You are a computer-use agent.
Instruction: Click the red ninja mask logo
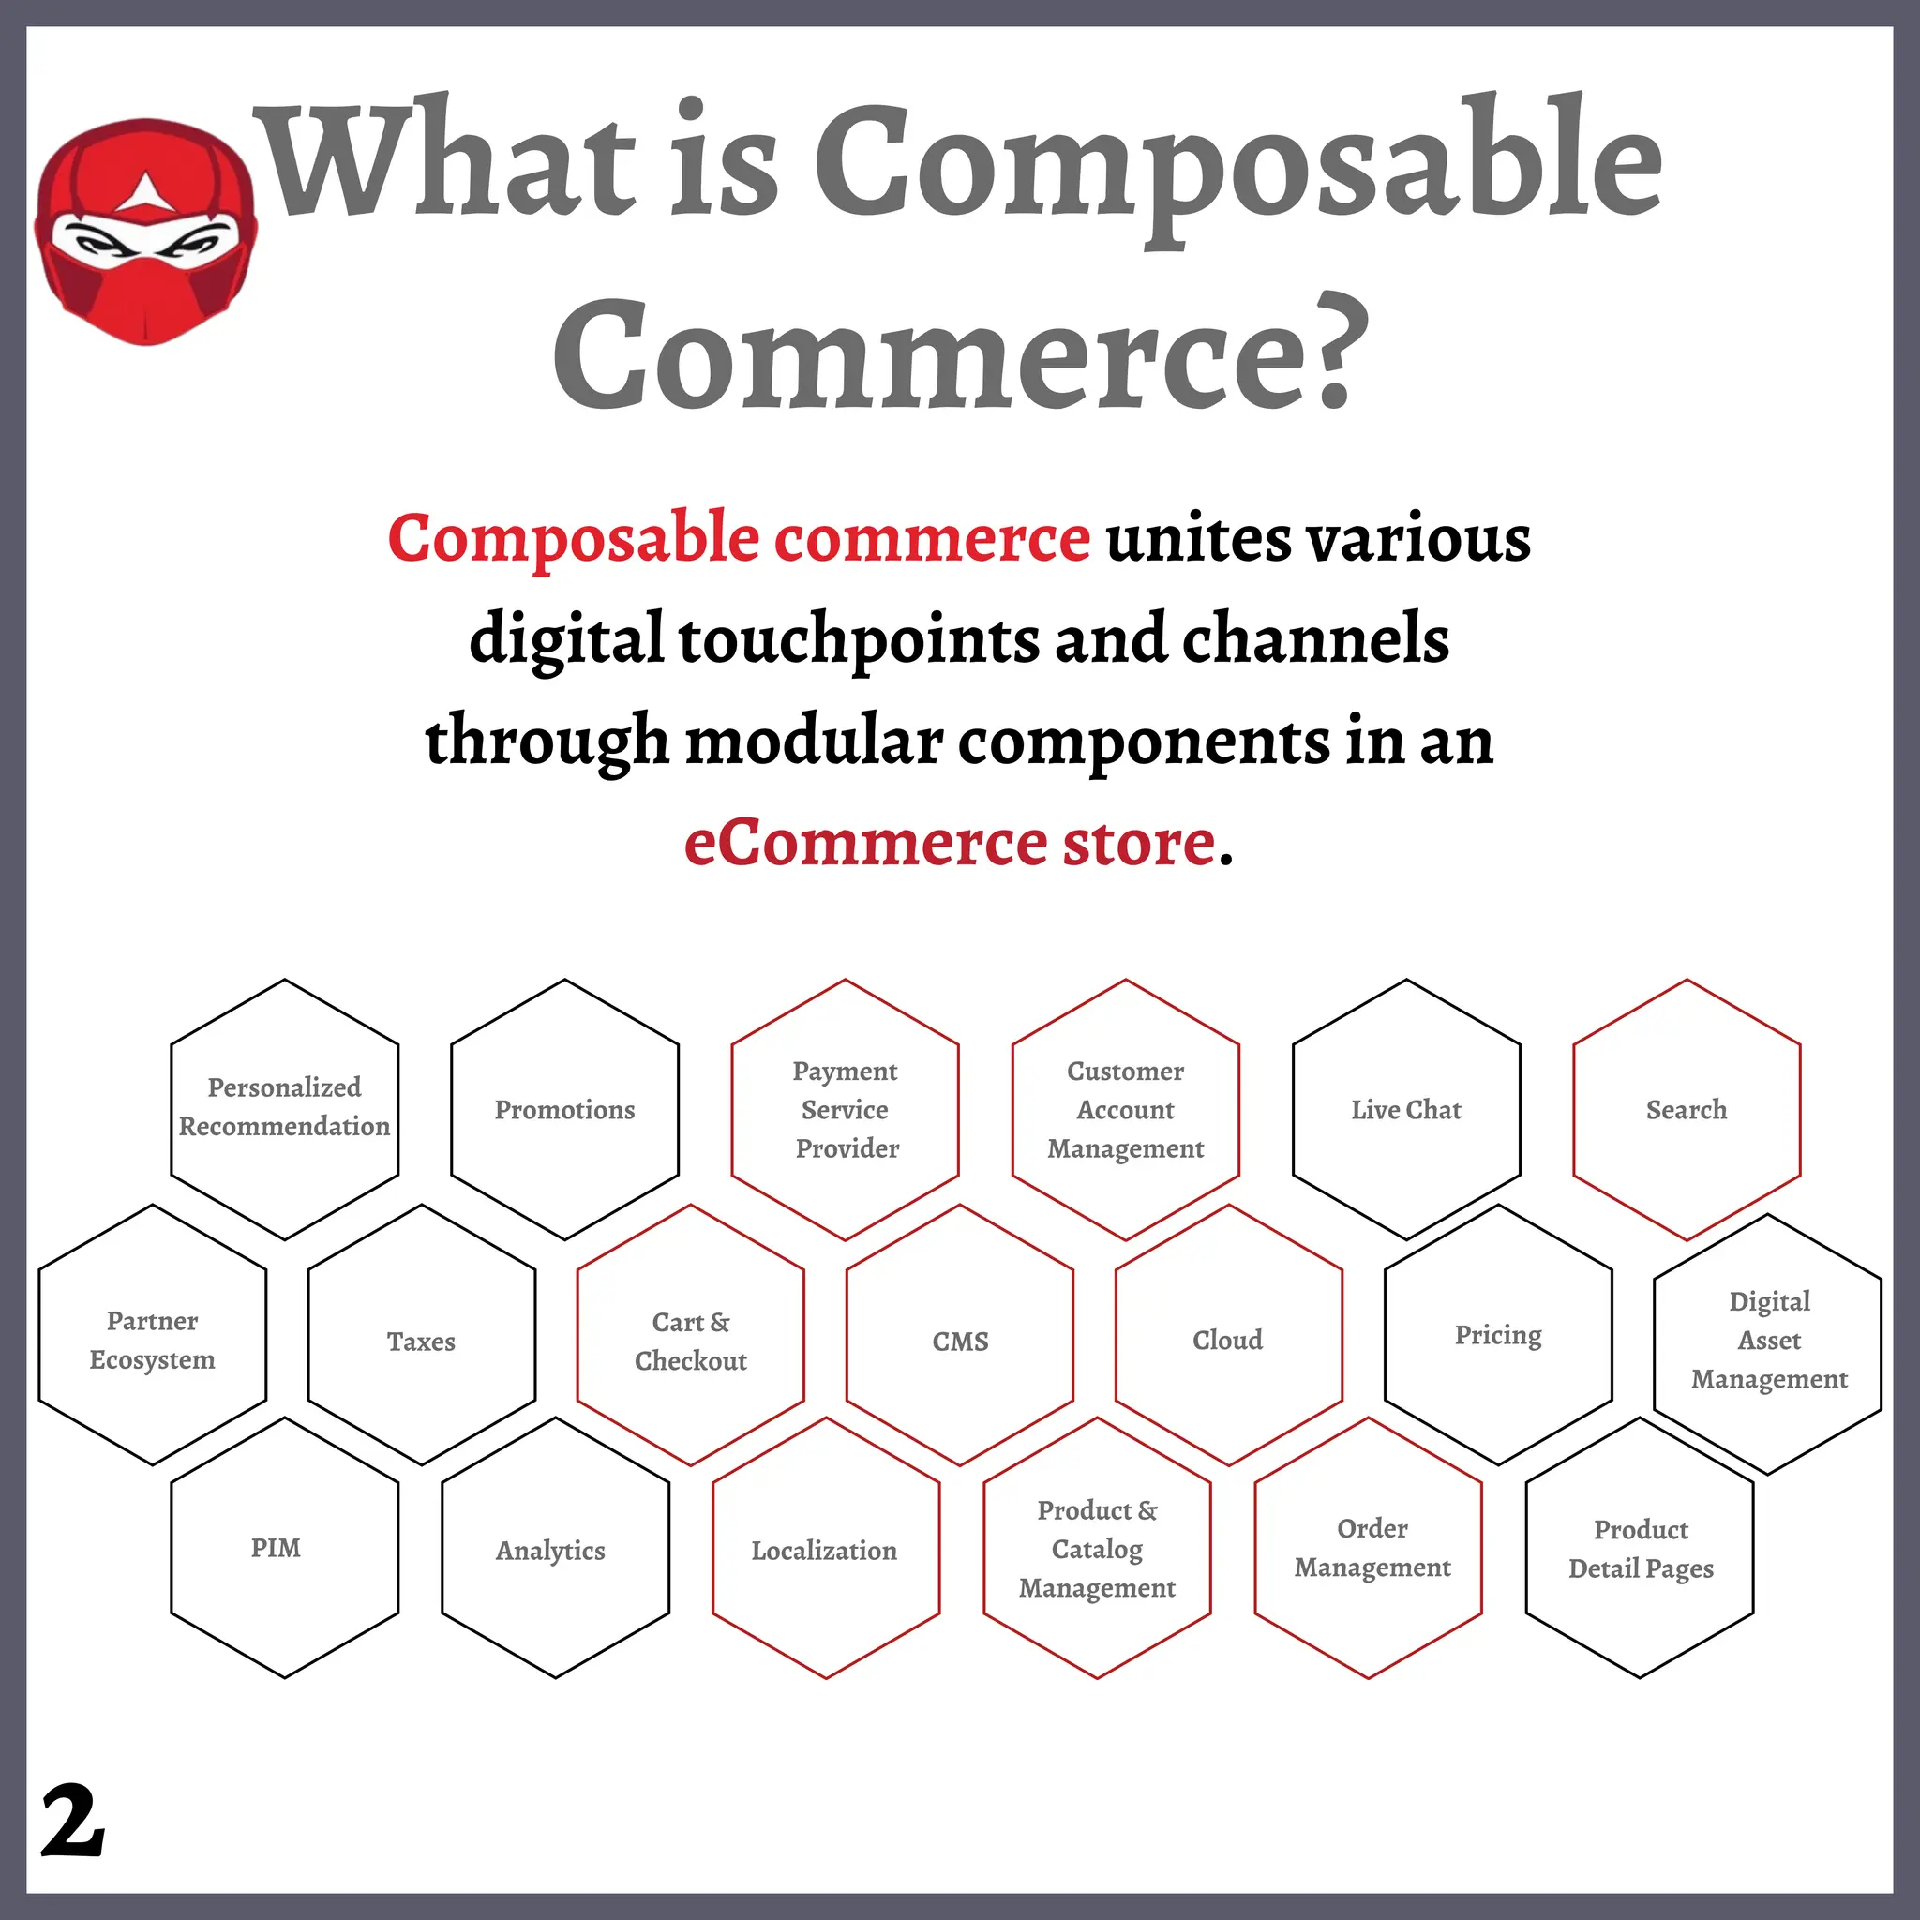point(146,232)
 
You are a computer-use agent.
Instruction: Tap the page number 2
point(72,1820)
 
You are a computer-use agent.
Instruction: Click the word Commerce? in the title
point(960,353)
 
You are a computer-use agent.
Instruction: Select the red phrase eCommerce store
point(950,843)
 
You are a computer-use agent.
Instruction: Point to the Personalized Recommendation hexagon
point(284,1109)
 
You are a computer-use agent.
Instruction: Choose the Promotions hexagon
point(564,1109)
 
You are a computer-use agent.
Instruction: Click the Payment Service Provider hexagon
point(845,1109)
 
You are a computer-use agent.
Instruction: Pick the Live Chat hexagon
point(1406,1109)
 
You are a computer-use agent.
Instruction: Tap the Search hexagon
point(1687,1109)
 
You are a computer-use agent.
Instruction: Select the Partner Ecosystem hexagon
point(152,1340)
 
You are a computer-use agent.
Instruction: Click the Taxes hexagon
point(421,1340)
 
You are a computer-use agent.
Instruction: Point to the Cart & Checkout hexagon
point(691,1340)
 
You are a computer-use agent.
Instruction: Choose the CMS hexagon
point(960,1340)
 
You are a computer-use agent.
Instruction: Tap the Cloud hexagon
point(1228,1340)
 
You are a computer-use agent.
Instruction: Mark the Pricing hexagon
point(1497,1336)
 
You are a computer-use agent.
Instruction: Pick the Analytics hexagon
point(555,1549)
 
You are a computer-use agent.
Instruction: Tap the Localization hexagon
point(826,1549)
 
